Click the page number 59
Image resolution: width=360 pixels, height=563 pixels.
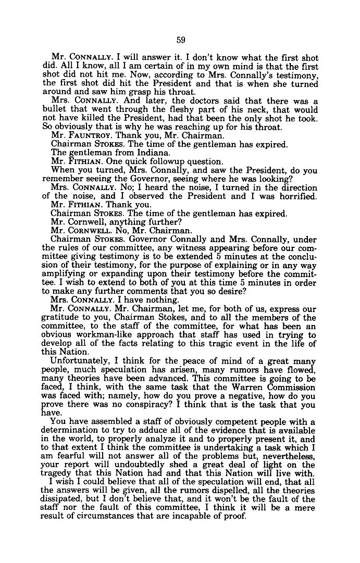[x=180, y=40]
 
